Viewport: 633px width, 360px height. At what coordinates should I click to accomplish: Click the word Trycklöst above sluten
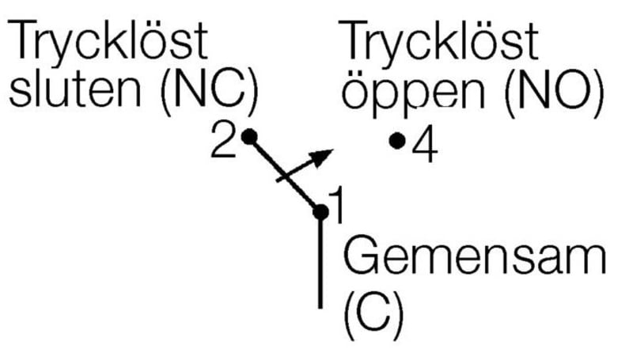[x=108, y=44]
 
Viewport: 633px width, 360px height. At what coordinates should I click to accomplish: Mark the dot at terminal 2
[x=248, y=136]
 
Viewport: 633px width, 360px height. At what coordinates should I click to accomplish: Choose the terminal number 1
[x=337, y=207]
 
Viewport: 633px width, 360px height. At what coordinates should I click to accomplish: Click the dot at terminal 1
[x=320, y=212]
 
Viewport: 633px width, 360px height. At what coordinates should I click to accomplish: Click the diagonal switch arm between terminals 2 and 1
[x=283, y=173]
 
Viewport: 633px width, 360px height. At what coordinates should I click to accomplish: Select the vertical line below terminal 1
[x=320, y=261]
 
